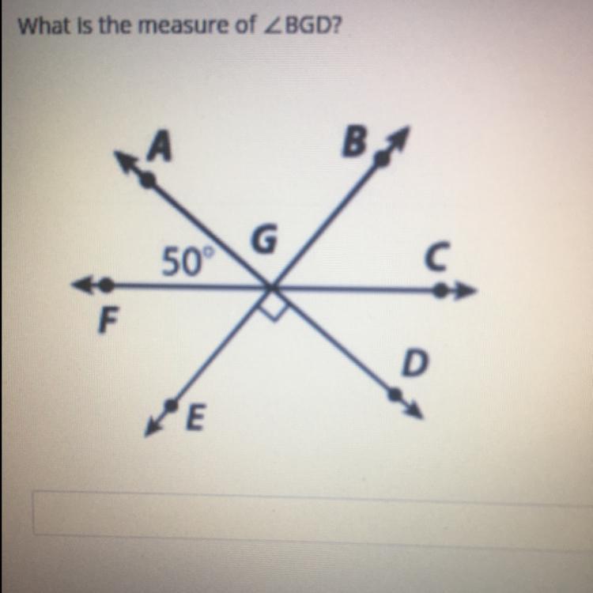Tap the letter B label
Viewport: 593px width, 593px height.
pyautogui.click(x=357, y=142)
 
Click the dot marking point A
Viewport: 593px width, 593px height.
pyautogui.click(x=148, y=179)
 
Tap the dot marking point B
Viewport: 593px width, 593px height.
pyautogui.click(x=382, y=160)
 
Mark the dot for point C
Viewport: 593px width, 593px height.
pyautogui.click(x=440, y=292)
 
